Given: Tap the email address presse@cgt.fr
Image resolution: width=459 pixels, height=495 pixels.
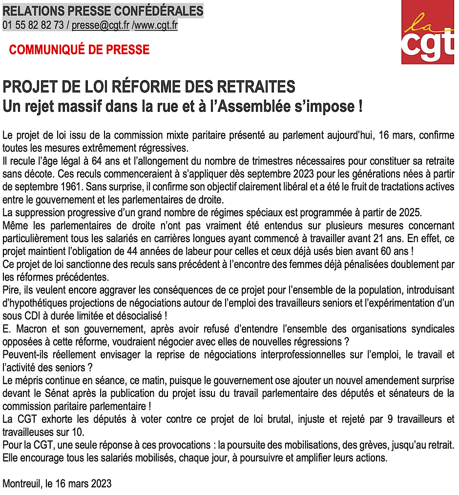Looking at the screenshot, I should pyautogui.click(x=100, y=25).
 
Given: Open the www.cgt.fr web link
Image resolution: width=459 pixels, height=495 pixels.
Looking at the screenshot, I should pyautogui.click(x=155, y=25).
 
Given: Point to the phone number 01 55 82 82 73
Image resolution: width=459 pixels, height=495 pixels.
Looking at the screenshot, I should pyautogui.click(x=33, y=25).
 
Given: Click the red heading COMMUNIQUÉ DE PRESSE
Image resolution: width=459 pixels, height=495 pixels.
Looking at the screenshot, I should pyautogui.click(x=79, y=50).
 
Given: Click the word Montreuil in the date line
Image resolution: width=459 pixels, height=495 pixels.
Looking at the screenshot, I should pyautogui.click(x=21, y=484).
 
